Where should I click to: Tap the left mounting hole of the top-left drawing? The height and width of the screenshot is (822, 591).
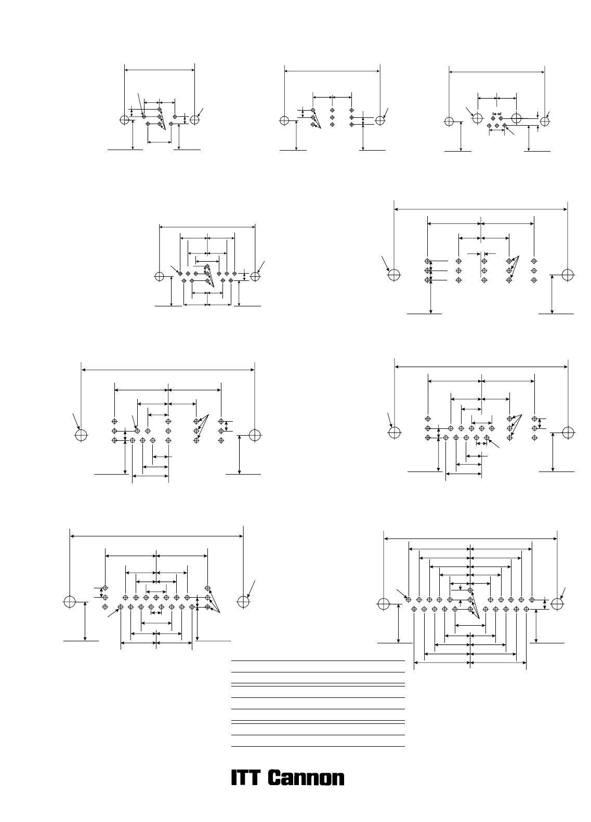(125, 119)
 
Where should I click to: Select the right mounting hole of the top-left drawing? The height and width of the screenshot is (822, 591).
(195, 119)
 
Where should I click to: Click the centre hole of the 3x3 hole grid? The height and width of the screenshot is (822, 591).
(333, 117)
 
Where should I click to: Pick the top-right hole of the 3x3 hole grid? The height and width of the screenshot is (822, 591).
(352, 110)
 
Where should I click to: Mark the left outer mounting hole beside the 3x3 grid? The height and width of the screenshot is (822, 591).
(285, 120)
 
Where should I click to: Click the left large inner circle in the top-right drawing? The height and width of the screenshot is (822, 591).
(478, 118)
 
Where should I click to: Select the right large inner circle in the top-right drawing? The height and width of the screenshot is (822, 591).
(517, 118)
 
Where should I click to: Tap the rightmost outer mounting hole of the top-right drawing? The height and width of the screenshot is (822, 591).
(545, 121)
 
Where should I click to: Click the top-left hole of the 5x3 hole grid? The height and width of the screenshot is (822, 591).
(428, 261)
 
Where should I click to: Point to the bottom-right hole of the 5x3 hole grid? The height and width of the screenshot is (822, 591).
(534, 280)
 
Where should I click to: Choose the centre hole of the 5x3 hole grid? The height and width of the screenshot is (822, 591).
(484, 271)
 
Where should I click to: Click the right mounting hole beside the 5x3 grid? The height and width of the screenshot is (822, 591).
(568, 275)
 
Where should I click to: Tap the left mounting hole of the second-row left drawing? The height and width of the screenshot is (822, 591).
(160, 276)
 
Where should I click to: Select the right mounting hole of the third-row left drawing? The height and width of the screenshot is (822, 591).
(255, 435)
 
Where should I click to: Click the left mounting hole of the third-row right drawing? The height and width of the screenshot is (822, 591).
(395, 433)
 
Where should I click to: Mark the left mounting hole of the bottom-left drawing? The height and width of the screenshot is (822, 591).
(70, 602)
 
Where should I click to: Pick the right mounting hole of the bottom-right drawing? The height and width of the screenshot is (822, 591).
(558, 604)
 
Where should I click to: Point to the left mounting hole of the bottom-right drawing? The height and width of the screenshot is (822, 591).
(384, 604)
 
